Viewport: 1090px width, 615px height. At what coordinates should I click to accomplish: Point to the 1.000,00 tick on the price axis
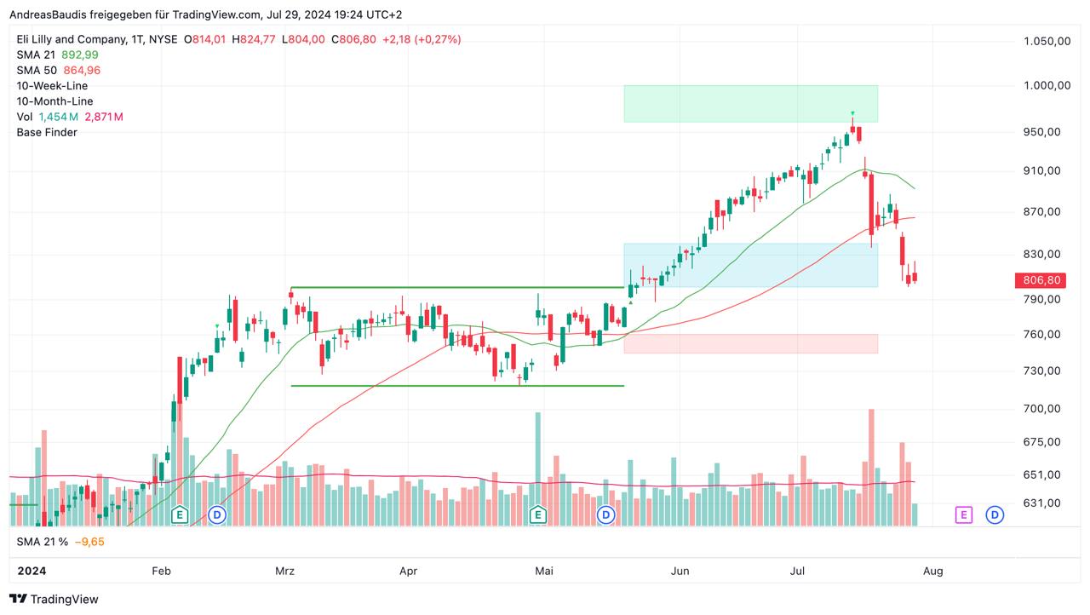point(1046,85)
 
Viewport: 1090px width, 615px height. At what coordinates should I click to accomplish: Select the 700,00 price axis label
point(1041,409)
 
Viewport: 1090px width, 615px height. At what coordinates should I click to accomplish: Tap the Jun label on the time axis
point(679,571)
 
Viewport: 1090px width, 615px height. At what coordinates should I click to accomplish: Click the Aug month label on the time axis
point(932,571)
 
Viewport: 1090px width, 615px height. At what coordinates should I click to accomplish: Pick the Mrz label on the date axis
point(284,571)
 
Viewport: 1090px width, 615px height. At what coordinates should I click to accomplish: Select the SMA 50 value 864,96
point(82,70)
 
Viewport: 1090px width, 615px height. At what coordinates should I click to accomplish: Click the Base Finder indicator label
point(47,132)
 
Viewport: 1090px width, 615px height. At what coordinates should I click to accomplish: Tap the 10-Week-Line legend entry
point(52,86)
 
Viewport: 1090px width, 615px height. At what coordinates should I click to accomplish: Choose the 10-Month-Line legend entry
point(54,101)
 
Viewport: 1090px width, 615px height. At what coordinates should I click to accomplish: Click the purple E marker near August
point(963,514)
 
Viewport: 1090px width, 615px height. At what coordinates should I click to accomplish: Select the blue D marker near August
point(994,514)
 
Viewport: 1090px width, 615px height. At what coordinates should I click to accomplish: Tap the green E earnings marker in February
point(179,514)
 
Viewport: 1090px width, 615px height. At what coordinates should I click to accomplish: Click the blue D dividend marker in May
point(605,514)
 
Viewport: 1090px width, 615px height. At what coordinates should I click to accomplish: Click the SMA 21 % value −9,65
point(89,542)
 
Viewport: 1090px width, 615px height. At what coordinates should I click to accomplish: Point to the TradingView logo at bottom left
point(54,599)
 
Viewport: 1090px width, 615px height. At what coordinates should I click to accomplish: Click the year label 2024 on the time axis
point(31,571)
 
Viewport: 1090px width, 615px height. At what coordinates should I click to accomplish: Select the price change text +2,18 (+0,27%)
point(422,39)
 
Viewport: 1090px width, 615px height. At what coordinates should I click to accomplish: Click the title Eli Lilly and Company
point(70,39)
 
